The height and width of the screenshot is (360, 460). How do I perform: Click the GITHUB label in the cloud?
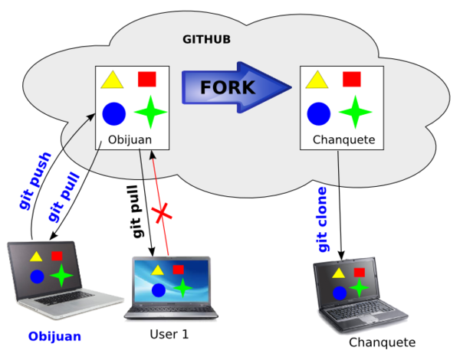point(207,39)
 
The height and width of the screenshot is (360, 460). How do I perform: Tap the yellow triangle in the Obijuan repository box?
point(113,80)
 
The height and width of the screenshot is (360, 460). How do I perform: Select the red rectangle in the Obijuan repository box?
point(147,78)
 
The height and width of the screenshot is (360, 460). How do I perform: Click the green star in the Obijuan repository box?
point(150,113)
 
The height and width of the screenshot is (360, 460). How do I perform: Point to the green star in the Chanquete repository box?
point(355,112)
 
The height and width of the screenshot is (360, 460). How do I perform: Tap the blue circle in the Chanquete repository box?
point(319,113)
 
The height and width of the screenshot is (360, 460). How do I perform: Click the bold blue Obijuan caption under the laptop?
point(54,336)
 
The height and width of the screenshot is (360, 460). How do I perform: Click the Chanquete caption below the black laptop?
point(382,342)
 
